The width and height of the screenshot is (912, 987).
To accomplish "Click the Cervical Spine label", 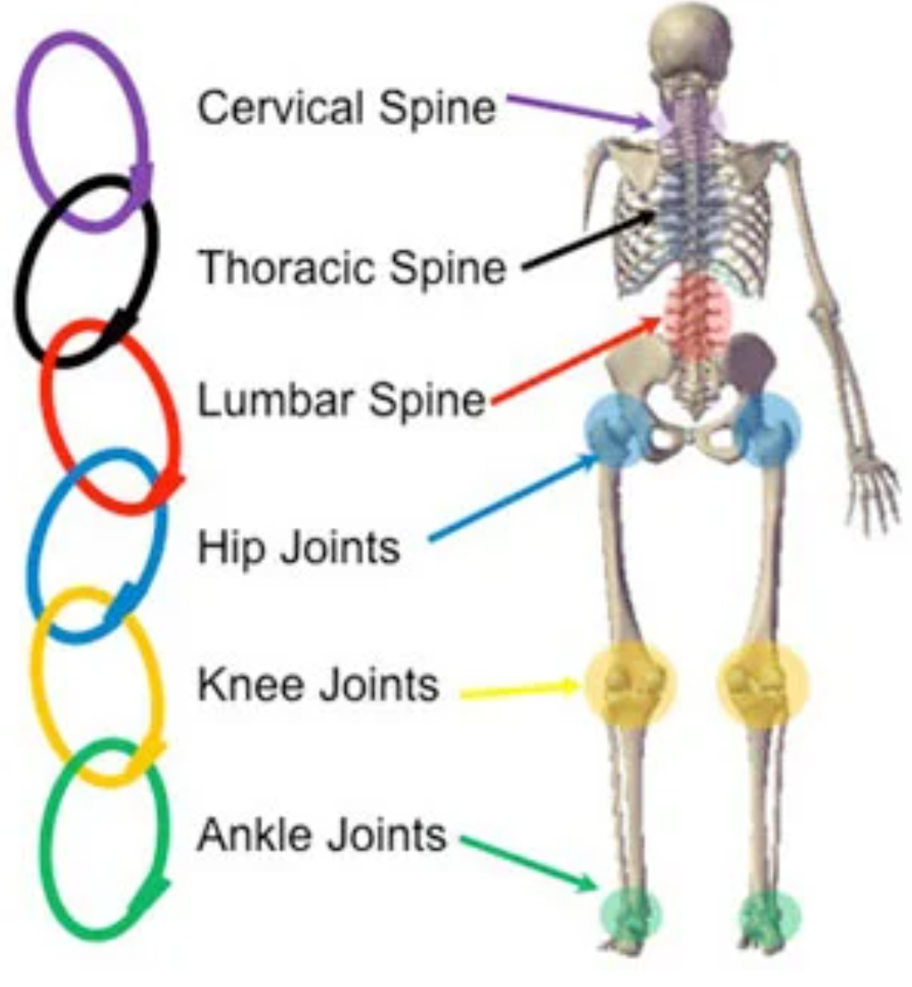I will coord(346,108).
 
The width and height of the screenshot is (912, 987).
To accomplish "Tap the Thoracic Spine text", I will coord(351,266).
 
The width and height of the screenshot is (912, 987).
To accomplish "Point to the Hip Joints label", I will coord(298,547).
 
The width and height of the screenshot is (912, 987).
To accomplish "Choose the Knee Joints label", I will coord(318,685).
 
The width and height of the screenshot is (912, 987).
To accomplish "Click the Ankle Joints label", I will coord(320,835).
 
